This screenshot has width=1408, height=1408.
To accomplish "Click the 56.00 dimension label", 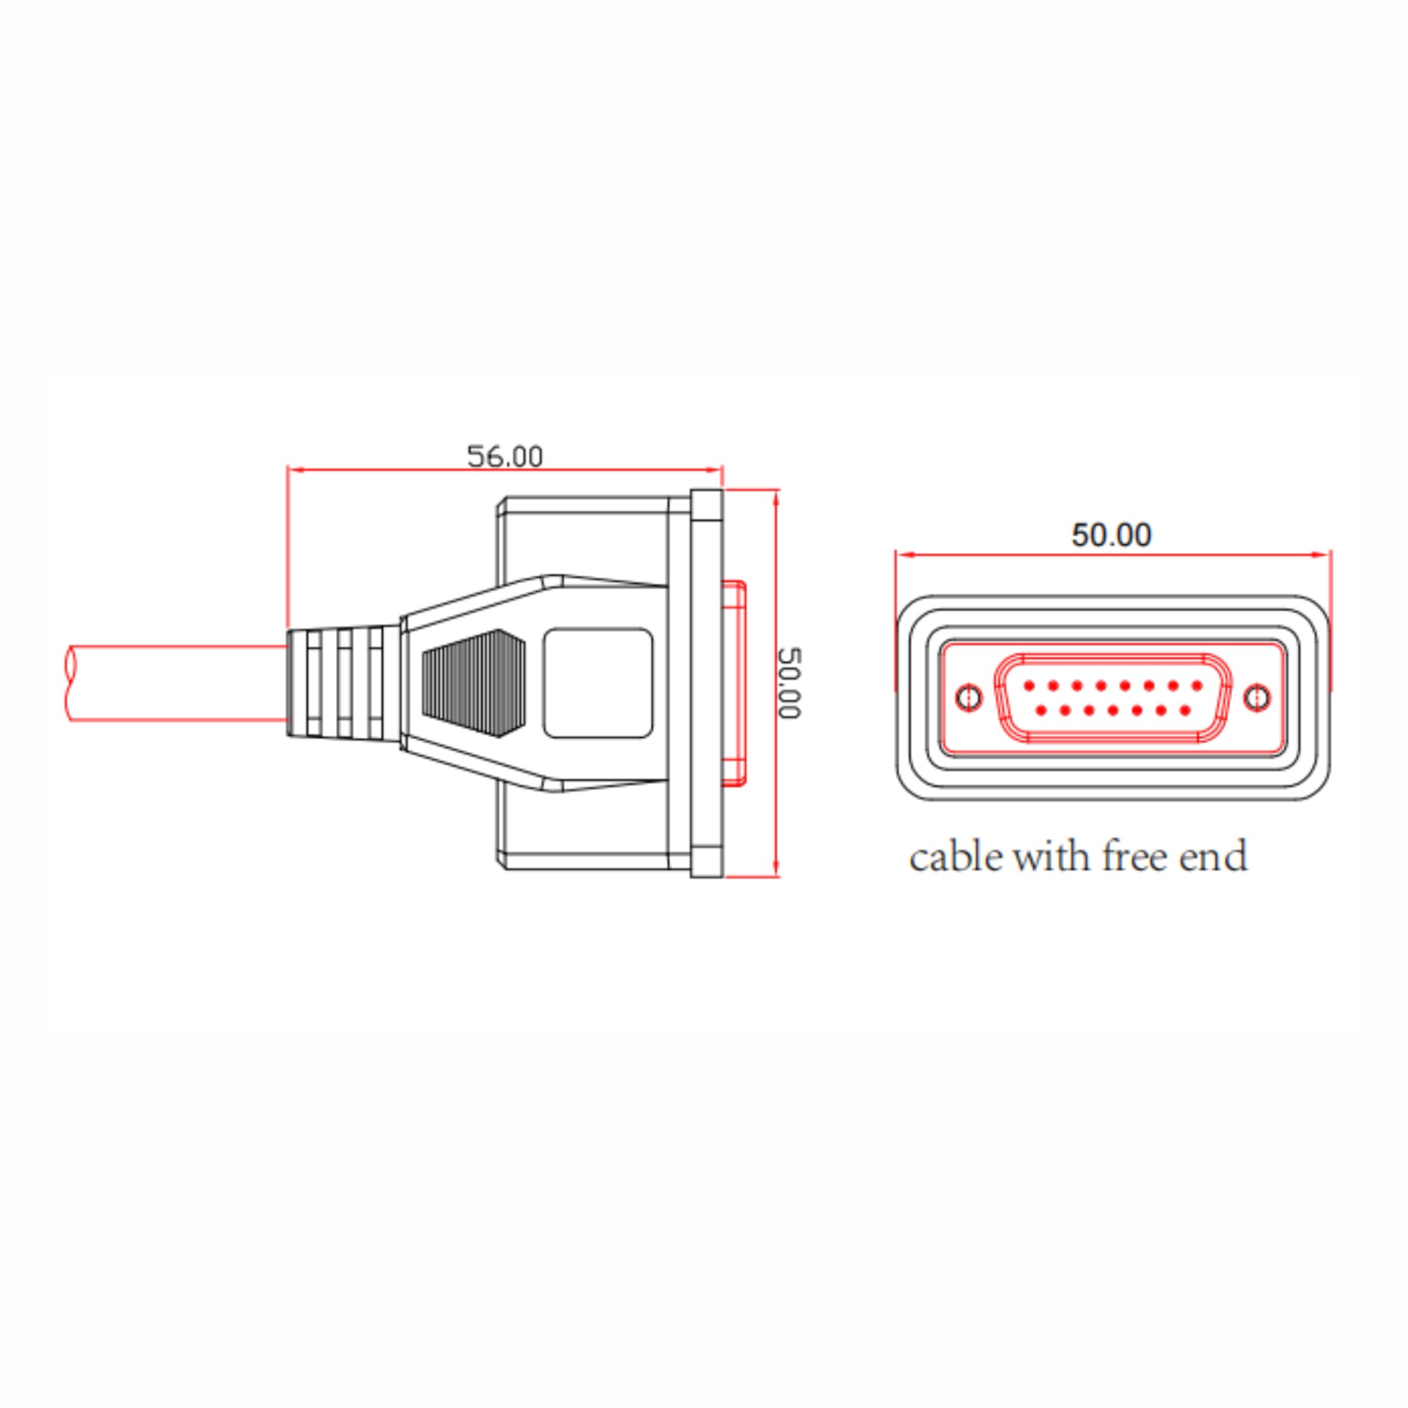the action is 505,456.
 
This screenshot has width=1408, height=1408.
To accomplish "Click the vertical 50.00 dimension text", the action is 789,683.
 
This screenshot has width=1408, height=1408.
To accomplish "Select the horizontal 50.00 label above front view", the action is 1112,535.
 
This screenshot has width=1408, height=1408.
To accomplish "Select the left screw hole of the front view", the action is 970,697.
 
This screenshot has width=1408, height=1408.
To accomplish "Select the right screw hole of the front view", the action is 1258,697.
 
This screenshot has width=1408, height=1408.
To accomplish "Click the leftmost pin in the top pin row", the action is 1029,686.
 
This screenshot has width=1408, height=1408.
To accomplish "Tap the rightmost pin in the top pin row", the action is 1197,686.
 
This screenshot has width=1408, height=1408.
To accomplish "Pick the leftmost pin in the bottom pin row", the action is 1041,710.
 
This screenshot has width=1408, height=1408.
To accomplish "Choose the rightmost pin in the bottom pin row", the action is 1185,710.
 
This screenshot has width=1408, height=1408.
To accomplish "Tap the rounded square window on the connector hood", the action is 598,683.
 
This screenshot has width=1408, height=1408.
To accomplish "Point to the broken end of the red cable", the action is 73,683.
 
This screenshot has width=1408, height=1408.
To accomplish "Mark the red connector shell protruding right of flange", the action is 734,683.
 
